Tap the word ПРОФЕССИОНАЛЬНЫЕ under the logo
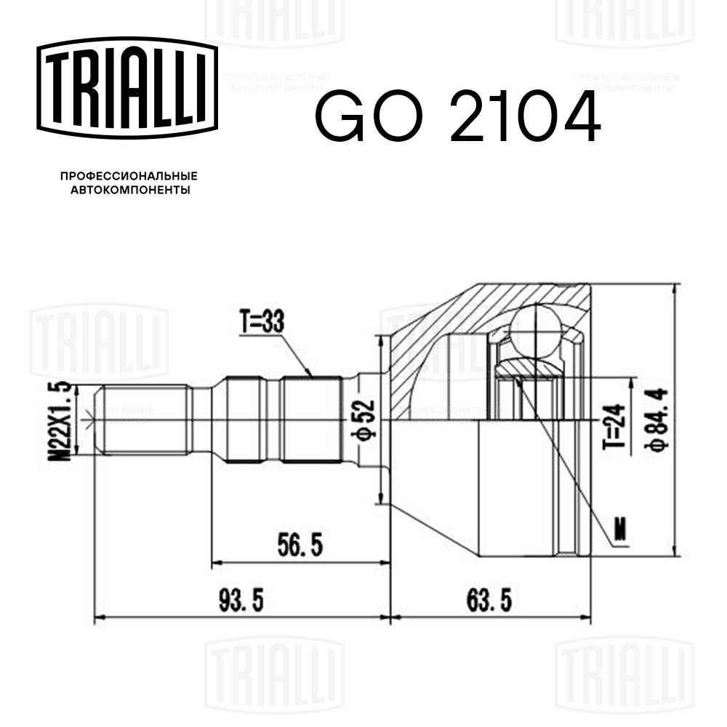tap(129, 177)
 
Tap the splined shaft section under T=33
tap(311, 419)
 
